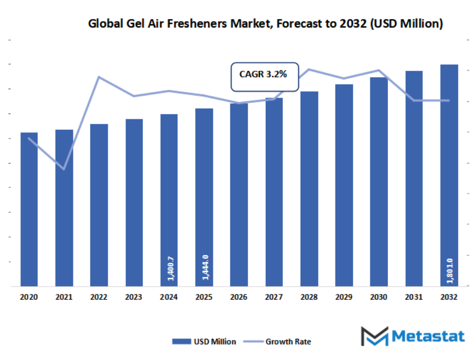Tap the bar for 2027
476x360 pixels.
(x=274, y=192)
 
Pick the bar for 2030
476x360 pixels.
(x=379, y=182)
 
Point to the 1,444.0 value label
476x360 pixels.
(x=205, y=267)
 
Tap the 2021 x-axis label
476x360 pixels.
(x=64, y=298)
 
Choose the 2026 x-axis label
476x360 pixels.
(x=239, y=298)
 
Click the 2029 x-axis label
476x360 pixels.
(x=344, y=298)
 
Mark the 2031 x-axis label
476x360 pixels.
(x=414, y=298)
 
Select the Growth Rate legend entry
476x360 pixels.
(x=279, y=342)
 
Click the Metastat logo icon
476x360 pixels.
(x=374, y=336)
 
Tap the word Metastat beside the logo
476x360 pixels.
(x=428, y=336)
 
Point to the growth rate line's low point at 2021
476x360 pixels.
(x=64, y=169)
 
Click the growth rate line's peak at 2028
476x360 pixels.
(x=309, y=69)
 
